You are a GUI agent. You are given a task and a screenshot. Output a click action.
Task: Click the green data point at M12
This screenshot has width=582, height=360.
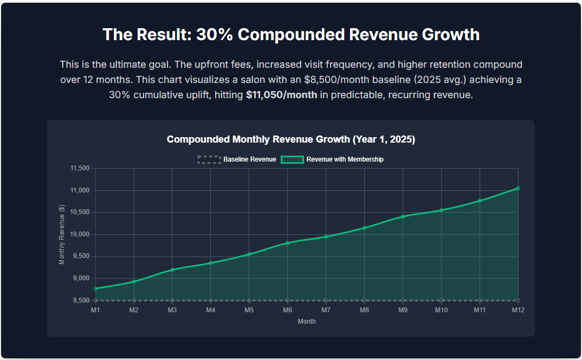click(x=518, y=188)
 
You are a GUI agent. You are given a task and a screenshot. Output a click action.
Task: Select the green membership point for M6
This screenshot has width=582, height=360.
click(x=288, y=243)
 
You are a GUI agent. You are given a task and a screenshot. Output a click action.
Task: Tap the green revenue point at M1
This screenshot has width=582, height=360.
click(x=95, y=288)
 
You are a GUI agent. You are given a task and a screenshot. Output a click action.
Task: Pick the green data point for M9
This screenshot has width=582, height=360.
click(x=403, y=216)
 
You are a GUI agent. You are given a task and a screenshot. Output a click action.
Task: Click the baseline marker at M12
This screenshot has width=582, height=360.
click(x=518, y=300)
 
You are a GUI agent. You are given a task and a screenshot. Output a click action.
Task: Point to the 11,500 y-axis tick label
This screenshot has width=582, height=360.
click(x=80, y=169)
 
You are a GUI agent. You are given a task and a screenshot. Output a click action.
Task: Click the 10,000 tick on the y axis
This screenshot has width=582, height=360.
click(x=80, y=234)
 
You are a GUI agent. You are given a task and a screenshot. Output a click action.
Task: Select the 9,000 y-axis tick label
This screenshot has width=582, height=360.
click(x=81, y=278)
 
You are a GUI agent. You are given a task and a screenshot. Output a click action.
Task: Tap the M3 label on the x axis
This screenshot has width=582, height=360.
click(x=172, y=310)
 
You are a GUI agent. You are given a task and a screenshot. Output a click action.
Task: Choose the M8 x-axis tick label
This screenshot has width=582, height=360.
click(x=364, y=310)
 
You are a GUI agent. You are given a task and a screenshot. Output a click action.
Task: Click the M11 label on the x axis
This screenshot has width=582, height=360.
click(x=480, y=310)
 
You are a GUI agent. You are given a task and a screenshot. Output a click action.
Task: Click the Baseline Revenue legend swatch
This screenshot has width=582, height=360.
click(x=209, y=159)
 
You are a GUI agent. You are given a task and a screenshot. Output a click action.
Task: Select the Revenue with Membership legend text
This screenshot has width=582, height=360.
click(x=345, y=159)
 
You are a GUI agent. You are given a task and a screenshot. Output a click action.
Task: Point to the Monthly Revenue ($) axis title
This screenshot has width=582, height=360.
click(x=62, y=234)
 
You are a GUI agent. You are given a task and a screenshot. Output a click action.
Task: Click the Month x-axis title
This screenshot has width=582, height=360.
click(x=307, y=322)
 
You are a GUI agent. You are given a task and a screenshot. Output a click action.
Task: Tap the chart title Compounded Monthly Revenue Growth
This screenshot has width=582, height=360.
click(x=291, y=139)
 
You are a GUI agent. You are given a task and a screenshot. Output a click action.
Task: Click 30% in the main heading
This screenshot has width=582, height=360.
click(x=214, y=35)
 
